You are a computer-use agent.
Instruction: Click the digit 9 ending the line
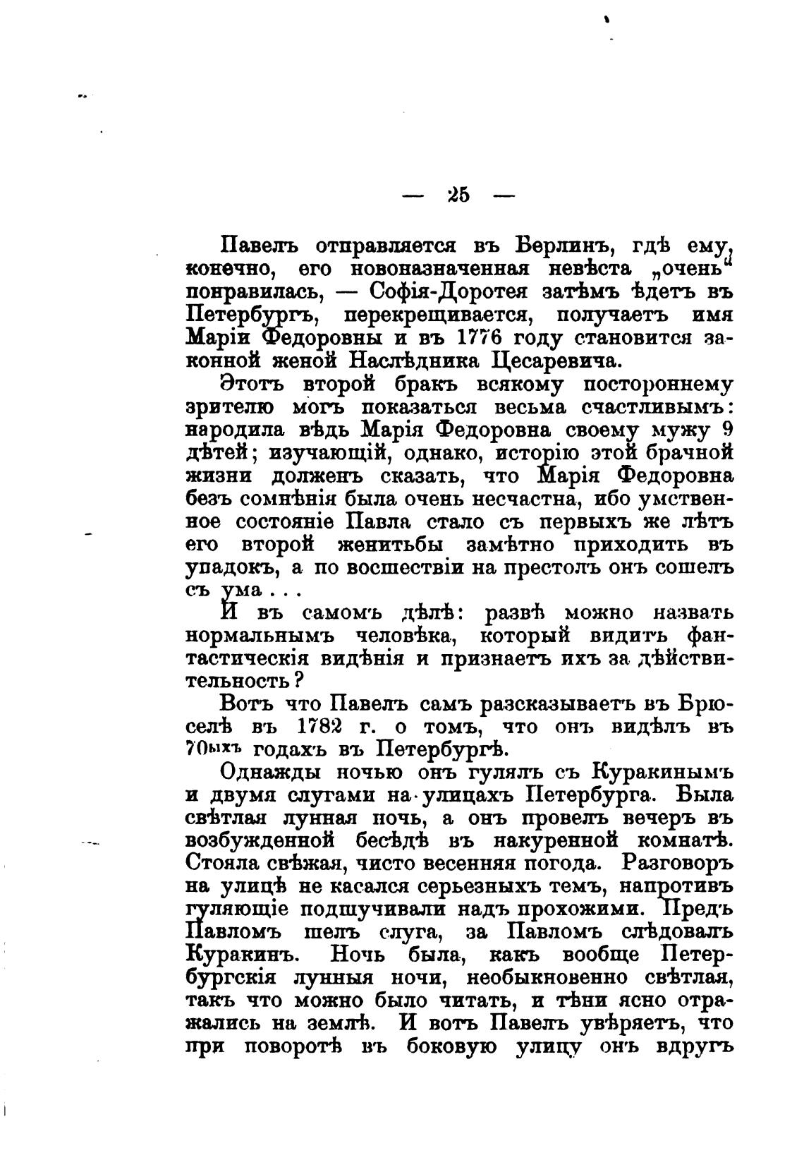point(726,430)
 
